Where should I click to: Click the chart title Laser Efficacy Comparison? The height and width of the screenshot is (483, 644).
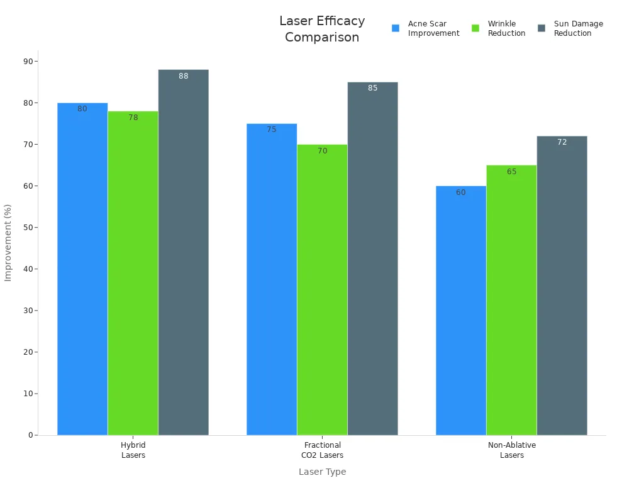pos(322,30)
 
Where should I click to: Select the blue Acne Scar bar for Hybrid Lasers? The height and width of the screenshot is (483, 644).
pos(82,270)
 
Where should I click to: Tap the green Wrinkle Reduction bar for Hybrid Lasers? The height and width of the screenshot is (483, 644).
pos(133,274)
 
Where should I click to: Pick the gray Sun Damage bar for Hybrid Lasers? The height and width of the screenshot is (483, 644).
pos(183,252)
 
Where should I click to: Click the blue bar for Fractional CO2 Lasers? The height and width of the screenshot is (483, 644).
pos(272,280)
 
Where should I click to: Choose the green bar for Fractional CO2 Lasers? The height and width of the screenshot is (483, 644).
pos(322,289)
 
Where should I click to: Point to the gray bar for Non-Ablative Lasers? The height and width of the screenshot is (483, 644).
pos(562,286)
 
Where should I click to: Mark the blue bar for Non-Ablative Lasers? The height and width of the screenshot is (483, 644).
pos(461,311)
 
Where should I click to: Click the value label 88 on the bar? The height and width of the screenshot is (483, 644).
pos(184,76)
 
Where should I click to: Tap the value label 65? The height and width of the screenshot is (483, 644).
pos(511,172)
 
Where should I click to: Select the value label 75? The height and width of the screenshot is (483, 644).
pos(272,130)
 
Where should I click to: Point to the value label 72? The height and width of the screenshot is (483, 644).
pos(562,142)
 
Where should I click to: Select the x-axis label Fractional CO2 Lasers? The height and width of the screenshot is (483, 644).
pos(322,450)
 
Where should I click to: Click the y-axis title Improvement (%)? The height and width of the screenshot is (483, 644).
pos(8,242)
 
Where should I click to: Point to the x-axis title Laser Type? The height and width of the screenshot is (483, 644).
pos(322,472)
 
